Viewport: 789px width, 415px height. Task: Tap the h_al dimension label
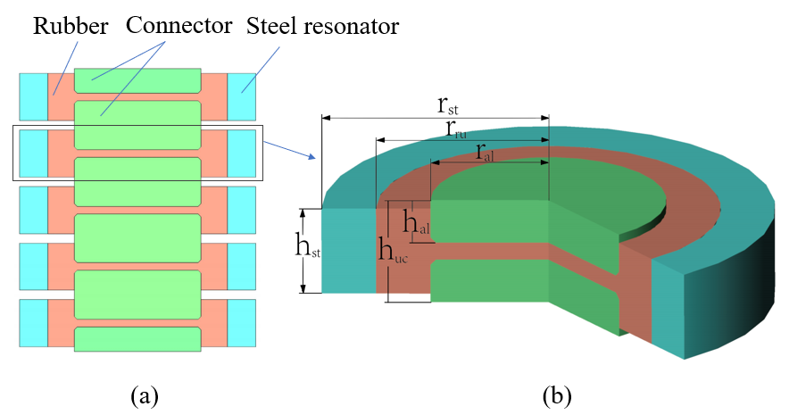point(416,223)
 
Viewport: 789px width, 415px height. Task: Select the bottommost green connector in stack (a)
point(137,339)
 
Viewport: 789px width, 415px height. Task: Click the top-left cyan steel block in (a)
point(33,95)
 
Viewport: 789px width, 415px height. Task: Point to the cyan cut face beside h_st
point(349,251)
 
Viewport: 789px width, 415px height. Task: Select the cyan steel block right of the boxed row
point(241,152)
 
